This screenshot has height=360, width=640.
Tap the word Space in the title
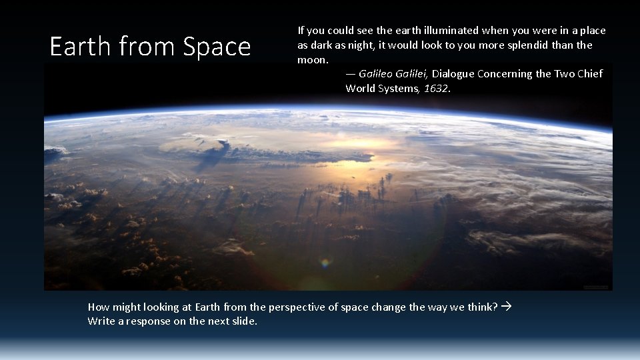tap(217, 47)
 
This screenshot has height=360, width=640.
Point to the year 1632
tap(437, 89)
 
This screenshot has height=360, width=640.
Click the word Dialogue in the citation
tap(453, 74)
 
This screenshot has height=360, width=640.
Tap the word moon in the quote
tap(311, 60)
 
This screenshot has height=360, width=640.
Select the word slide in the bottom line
tap(241, 321)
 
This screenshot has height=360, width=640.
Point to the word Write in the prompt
tap(100, 321)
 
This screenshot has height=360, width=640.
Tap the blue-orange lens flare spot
tap(325, 263)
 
